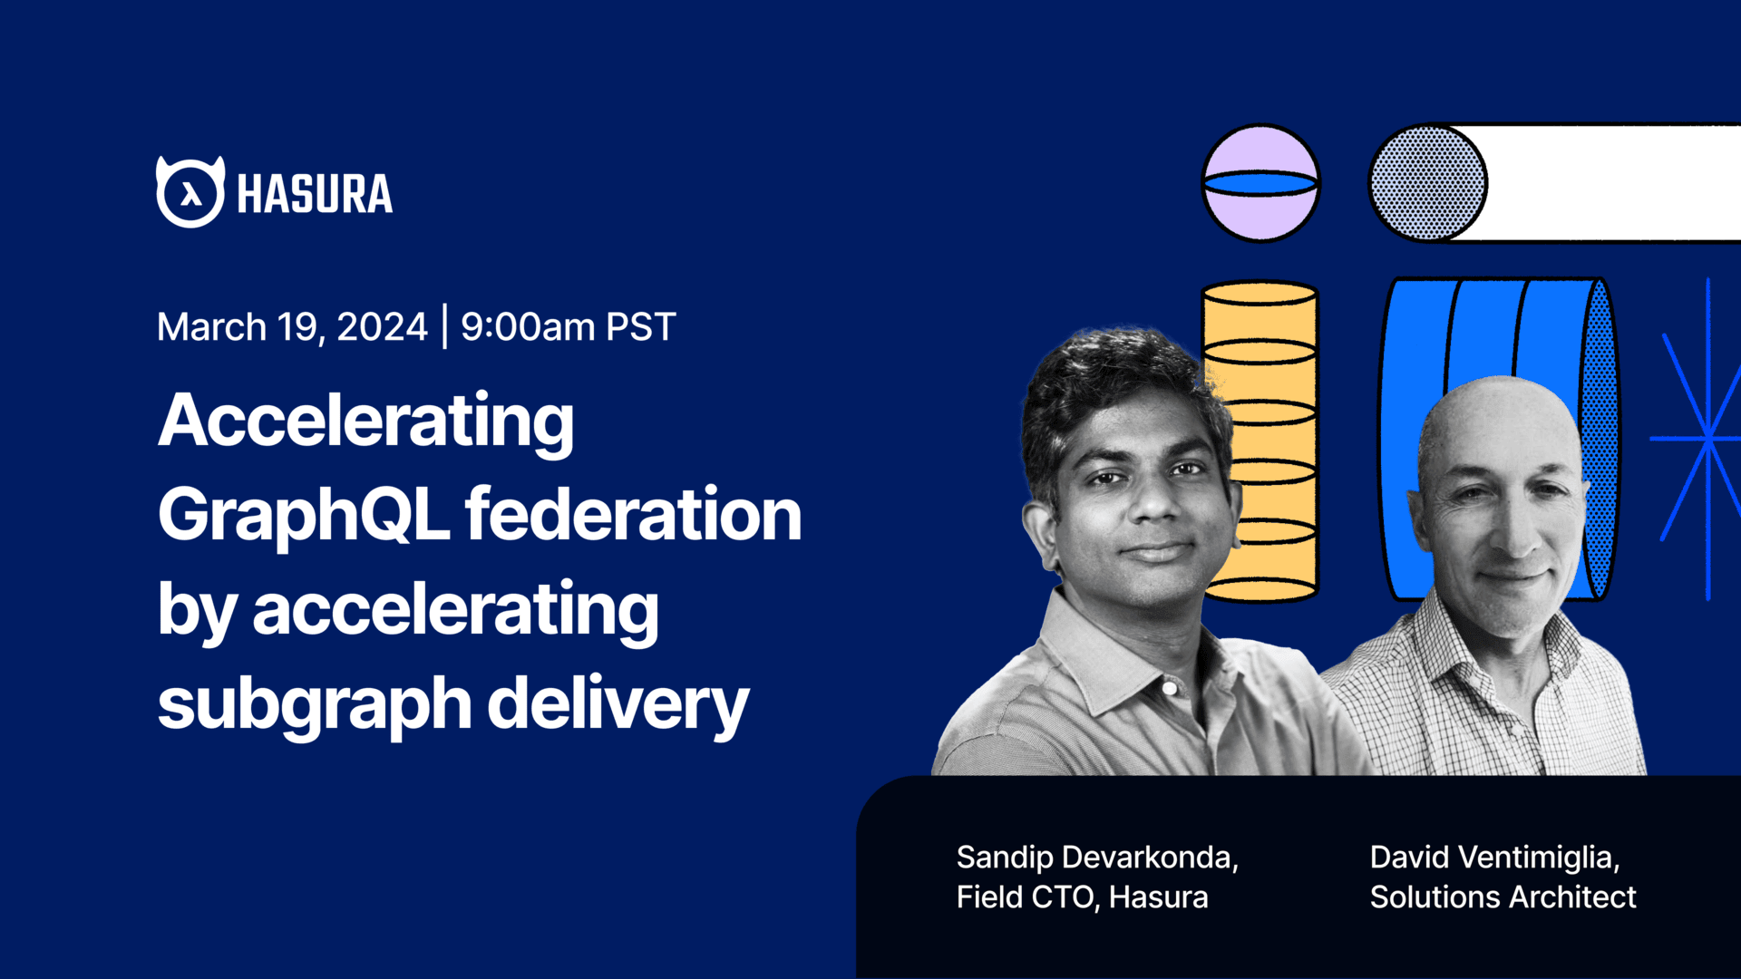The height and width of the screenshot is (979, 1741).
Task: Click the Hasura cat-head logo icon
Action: (x=190, y=192)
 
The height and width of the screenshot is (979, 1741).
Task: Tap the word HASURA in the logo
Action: (x=315, y=194)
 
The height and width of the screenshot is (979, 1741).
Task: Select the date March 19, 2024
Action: (x=292, y=326)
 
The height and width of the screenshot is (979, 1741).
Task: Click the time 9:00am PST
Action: (x=569, y=326)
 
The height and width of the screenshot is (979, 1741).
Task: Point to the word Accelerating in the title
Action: (x=366, y=422)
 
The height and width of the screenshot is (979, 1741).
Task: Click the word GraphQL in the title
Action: (x=303, y=515)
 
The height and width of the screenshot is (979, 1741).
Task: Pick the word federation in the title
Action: (x=633, y=515)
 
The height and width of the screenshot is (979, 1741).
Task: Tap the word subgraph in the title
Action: (x=314, y=705)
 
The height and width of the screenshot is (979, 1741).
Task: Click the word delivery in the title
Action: (x=618, y=705)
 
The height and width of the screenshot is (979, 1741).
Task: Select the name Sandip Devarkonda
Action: (x=1096, y=857)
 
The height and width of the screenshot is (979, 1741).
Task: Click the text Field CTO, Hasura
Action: (x=1082, y=897)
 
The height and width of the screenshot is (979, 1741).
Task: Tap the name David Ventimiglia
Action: (x=1494, y=857)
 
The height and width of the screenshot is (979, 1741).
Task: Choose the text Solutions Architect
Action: (x=1503, y=897)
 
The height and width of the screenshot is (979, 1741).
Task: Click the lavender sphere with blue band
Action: (x=1260, y=183)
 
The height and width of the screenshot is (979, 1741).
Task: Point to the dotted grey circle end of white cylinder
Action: (x=1426, y=183)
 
